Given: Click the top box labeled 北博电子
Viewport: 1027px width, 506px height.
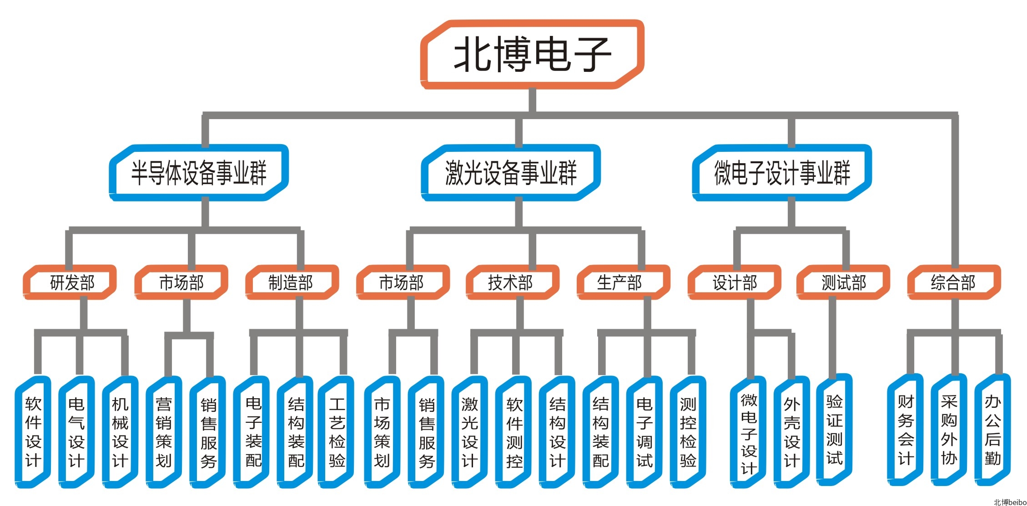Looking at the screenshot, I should click(532, 54).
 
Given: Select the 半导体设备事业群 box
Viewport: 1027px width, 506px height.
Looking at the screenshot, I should click(199, 173).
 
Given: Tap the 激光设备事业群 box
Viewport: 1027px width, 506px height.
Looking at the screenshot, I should click(511, 173).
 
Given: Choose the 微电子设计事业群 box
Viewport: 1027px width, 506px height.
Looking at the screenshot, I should click(782, 173).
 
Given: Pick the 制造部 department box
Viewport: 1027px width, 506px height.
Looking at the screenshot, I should click(291, 282).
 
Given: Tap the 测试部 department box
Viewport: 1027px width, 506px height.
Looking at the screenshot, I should click(844, 282).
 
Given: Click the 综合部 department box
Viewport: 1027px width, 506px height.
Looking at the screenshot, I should click(954, 282).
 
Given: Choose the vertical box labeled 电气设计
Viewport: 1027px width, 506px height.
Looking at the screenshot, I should click(76, 432).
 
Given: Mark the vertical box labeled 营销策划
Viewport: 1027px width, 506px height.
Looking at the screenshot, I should click(164, 432).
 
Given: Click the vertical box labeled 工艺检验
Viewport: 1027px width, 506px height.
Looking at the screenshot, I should click(337, 432).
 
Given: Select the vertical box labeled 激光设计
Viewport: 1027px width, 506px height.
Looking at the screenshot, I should click(469, 432).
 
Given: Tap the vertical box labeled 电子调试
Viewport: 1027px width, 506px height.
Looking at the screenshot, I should click(644, 432).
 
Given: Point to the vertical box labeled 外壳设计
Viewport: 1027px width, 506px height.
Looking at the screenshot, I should click(791, 432).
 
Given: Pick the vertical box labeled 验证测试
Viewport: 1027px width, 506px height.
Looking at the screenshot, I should click(835, 430).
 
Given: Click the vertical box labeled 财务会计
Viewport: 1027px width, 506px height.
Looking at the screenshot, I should click(906, 430).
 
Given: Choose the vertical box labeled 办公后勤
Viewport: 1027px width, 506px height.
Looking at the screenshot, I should click(993, 430).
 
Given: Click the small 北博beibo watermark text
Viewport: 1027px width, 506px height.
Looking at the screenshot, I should click(1010, 502).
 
